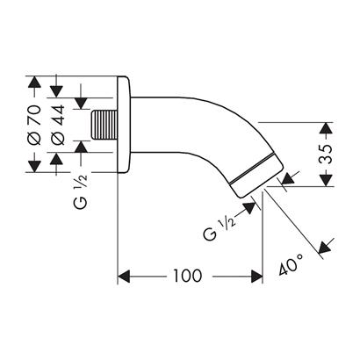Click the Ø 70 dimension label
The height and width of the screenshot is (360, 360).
coord(35,125)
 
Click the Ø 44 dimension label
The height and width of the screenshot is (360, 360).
coord(58,125)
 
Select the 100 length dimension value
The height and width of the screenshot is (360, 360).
coord(188,276)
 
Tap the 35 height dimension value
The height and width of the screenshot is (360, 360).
coord(327,154)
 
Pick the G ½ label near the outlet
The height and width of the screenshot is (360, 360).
coord(220,229)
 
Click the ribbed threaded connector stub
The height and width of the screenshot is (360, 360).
coord(104,125)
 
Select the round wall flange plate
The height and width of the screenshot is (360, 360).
coord(123,124)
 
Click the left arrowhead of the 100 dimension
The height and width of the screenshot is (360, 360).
coord(124,277)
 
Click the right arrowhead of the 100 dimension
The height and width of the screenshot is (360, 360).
coord(256,277)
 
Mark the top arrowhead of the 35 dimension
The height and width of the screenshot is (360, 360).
coord(326,128)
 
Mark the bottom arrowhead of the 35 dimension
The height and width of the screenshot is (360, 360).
coord(326,180)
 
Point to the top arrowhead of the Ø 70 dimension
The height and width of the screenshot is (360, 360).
coord(35,83)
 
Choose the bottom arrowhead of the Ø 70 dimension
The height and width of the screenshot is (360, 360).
coord(35,166)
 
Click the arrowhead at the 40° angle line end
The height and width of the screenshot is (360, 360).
coord(324,248)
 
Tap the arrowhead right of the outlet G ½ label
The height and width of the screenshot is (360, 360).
coord(249,207)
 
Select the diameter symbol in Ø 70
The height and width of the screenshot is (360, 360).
coord(35,139)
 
